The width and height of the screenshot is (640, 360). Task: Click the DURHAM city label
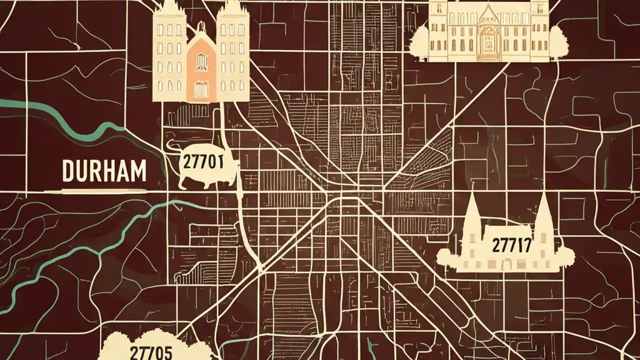(x=104, y=171)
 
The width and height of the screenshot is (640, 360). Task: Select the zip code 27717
(x=511, y=245)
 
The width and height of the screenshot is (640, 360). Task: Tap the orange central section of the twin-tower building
(x=201, y=70)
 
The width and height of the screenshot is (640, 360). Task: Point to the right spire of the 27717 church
(x=543, y=220)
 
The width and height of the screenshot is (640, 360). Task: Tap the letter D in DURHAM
(x=68, y=171)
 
